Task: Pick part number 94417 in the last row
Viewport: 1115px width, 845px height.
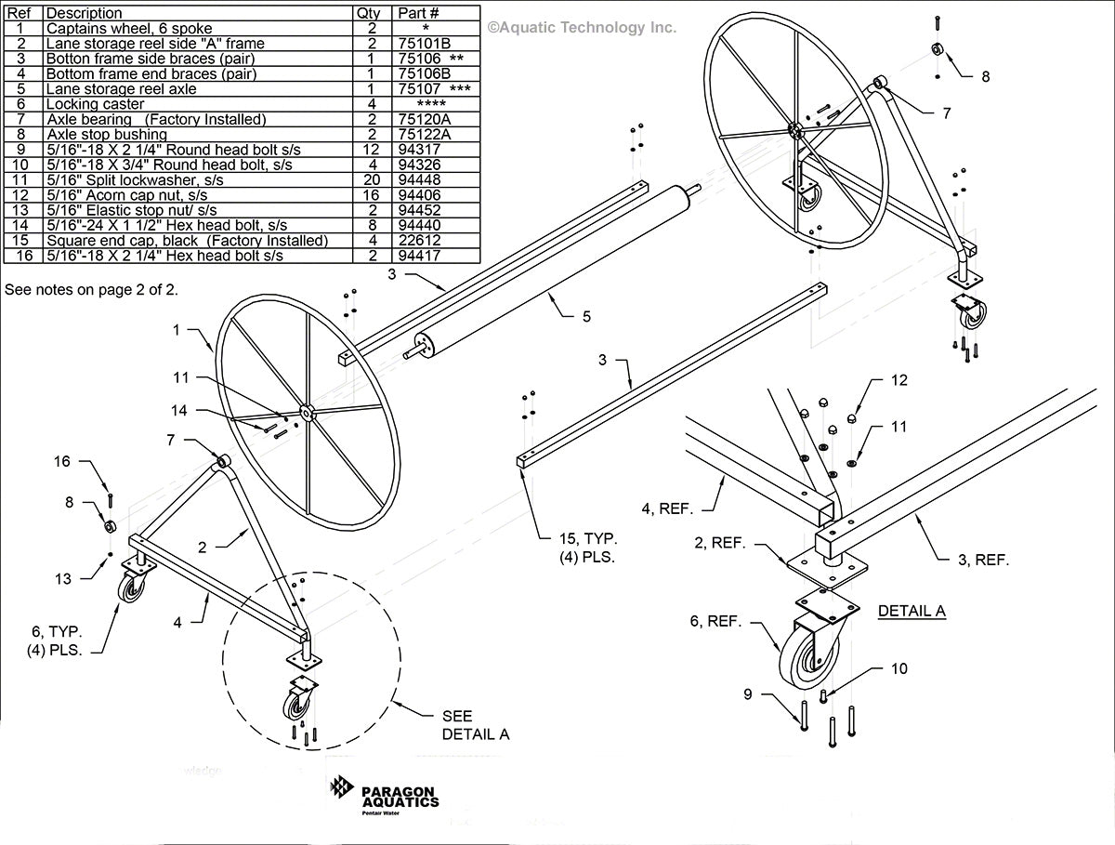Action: [419, 256]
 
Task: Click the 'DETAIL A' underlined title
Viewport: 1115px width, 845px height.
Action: [912, 611]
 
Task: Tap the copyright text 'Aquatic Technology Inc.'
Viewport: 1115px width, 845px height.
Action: [583, 28]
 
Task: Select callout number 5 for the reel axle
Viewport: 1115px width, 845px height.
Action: [586, 317]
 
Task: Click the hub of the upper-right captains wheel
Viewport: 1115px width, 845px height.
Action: [795, 130]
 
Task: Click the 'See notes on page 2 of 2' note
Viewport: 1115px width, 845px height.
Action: [91, 290]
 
